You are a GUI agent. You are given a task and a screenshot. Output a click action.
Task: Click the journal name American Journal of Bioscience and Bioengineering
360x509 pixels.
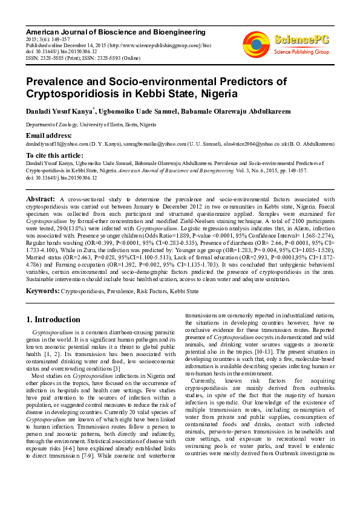click(x=115, y=32)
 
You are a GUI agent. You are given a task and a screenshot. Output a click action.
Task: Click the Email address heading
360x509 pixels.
click(x=48, y=135)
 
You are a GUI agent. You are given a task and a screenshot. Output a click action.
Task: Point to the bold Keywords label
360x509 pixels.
click(x=42, y=291)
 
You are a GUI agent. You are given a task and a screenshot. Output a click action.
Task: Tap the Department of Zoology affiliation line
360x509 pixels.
click(x=90, y=124)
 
